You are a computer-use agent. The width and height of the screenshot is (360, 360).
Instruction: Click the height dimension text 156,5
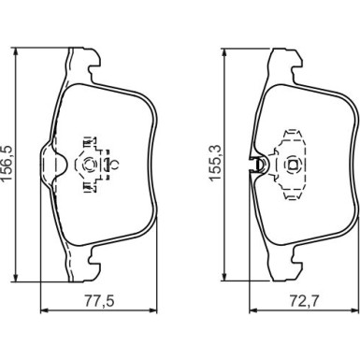7,163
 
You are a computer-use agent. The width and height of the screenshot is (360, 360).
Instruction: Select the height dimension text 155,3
215,163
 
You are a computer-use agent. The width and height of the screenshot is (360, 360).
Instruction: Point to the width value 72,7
305,301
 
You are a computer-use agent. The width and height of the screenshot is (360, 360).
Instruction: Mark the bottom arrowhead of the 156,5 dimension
14,277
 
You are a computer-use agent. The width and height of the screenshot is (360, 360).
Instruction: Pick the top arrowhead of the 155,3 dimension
223,53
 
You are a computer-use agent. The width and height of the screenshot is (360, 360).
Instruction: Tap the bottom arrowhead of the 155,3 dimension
223,275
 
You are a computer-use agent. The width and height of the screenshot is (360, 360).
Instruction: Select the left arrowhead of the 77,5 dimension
46,310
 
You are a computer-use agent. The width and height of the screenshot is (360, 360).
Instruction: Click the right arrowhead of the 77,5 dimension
152,310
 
